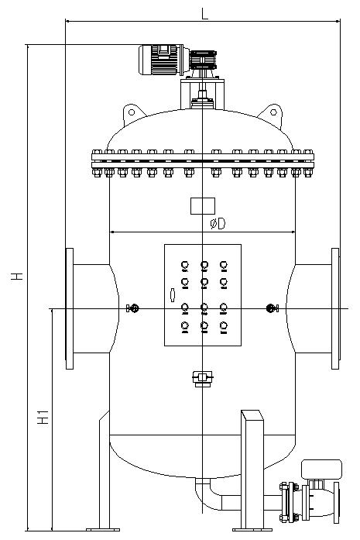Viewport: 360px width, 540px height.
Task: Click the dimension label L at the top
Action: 205,14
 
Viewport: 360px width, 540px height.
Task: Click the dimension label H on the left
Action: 17,276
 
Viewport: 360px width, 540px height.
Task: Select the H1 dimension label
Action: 43,417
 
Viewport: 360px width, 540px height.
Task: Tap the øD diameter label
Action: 218,224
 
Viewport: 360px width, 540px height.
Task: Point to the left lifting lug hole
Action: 132,112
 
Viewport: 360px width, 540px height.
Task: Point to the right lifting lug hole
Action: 273,112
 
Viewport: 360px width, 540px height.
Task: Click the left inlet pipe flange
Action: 70,308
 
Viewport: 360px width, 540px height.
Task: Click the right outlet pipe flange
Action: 335,308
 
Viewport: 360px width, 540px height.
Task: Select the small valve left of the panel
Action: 132,308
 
